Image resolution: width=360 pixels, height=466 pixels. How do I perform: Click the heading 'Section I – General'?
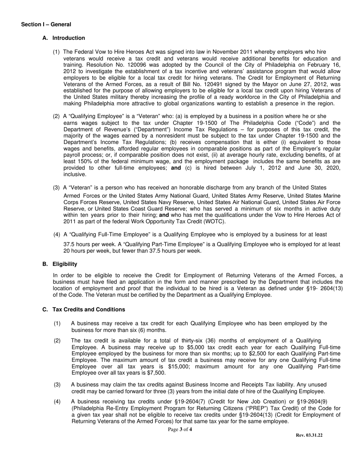click(x=46, y=25)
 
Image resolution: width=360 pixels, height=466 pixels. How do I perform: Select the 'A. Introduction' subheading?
click(x=64, y=38)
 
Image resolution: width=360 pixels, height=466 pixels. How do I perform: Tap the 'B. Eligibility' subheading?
click(x=60, y=264)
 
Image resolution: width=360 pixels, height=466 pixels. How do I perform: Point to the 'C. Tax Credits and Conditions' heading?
click(x=84, y=310)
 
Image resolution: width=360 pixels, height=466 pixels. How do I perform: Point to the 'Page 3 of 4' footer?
click(x=180, y=430)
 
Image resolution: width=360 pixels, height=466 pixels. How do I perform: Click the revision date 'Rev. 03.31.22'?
click(x=309, y=435)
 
